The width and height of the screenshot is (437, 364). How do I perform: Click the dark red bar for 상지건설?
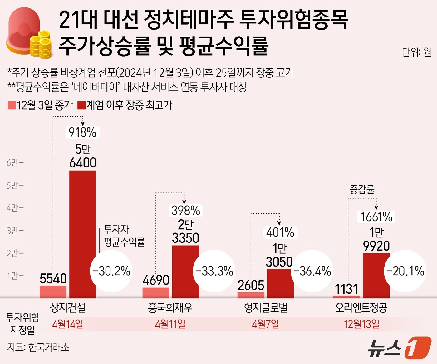[83, 234]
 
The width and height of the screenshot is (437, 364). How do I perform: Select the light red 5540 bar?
[53, 292]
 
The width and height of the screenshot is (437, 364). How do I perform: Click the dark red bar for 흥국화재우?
[186, 272]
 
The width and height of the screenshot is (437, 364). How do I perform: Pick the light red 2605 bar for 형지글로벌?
[251, 295]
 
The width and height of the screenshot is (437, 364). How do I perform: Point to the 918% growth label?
[82, 132]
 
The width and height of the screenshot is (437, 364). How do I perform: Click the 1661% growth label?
[376, 217]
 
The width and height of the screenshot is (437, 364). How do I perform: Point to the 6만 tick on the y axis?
[15, 162]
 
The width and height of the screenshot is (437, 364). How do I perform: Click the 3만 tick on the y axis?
[15, 231]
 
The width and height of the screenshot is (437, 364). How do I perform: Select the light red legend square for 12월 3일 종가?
[12, 105]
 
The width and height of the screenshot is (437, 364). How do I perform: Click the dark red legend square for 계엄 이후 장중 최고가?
[81, 105]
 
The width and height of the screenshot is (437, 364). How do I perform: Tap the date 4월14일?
[68, 324]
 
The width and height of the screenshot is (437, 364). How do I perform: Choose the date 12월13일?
[361, 324]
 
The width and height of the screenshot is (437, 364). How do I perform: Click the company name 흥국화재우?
[170, 308]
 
